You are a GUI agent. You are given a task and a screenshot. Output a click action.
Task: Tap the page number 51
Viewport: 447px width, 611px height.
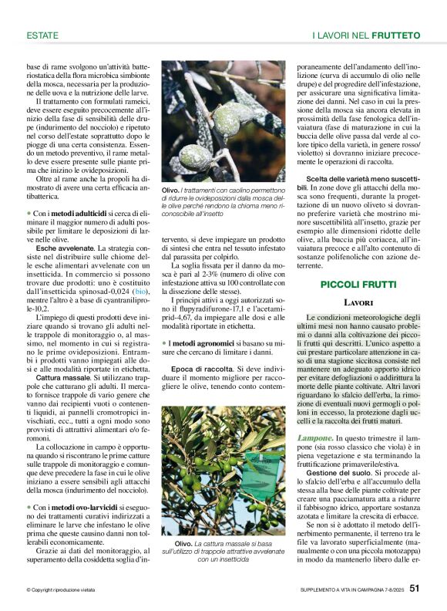[415, 590]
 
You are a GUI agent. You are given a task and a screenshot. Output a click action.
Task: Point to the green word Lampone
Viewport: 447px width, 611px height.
[316, 437]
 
